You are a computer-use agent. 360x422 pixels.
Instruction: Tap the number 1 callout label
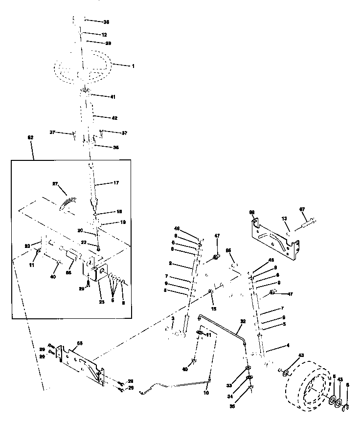click(x=133, y=66)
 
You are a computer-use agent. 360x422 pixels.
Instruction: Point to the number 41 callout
click(x=112, y=97)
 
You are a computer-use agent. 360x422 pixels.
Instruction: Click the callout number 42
click(x=114, y=117)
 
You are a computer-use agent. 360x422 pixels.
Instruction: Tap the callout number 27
click(x=55, y=184)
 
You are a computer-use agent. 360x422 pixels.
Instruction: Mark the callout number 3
click(x=173, y=318)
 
